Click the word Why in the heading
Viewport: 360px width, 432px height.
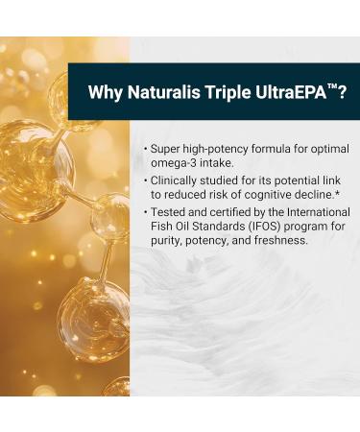pyautogui.click(x=104, y=93)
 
